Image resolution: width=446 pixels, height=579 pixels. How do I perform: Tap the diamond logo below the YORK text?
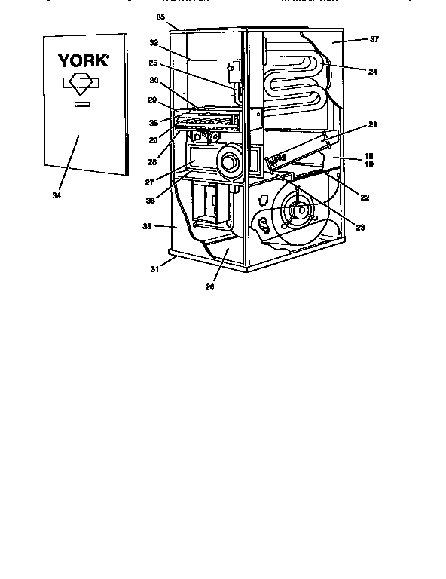tap(83, 84)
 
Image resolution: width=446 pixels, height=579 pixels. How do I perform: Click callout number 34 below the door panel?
tap(56, 196)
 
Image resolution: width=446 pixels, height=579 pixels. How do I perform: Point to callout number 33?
tap(148, 225)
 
